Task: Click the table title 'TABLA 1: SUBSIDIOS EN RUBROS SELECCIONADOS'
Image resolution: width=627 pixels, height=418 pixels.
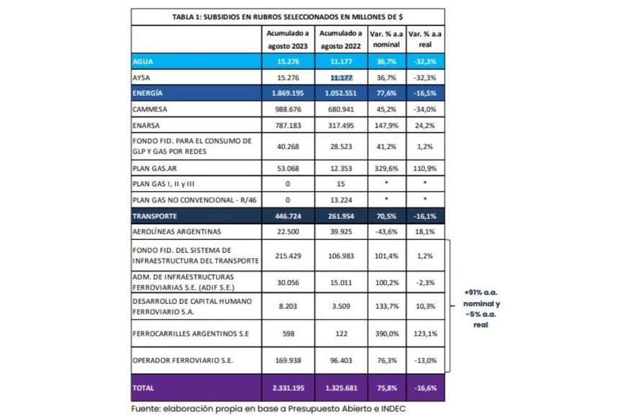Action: click(288, 16)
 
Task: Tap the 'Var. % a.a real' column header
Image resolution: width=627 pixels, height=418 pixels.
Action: click(425, 39)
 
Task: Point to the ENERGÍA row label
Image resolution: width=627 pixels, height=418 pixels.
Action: click(148, 94)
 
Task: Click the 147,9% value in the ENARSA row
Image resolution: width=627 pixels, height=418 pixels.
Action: click(385, 126)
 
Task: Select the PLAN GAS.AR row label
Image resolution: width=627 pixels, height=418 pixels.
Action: click(154, 167)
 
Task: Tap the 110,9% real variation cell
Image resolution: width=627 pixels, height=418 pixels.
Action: click(425, 167)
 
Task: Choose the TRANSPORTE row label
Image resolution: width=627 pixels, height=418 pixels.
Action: click(155, 215)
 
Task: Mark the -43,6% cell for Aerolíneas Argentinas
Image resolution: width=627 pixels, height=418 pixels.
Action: click(385, 231)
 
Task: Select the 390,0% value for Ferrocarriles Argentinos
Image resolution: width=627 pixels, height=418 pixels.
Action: click(385, 334)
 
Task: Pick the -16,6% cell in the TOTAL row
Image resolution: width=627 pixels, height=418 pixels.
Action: click(425, 388)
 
